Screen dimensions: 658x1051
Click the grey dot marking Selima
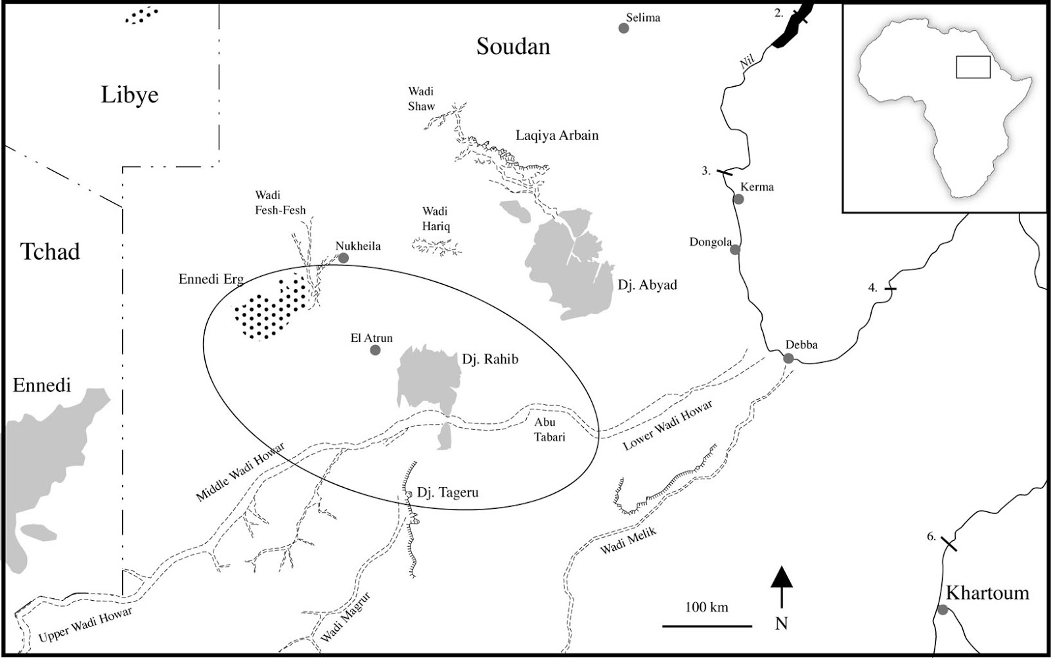click(x=623, y=28)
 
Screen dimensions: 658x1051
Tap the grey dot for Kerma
click(x=738, y=199)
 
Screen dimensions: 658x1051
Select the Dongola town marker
click(x=735, y=249)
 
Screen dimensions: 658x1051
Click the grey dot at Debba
click(x=788, y=358)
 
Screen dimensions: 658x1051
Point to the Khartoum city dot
click(x=943, y=609)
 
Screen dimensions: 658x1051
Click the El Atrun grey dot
click(x=375, y=350)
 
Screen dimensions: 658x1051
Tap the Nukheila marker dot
click(x=343, y=258)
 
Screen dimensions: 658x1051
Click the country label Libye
click(x=129, y=95)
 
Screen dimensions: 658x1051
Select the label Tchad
click(x=50, y=252)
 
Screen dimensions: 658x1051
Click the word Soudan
click(x=513, y=47)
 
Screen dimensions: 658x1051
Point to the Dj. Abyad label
click(x=647, y=285)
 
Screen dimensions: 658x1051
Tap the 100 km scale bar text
click(x=706, y=607)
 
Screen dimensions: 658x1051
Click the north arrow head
click(x=781, y=576)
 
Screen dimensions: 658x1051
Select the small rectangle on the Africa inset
click(x=972, y=67)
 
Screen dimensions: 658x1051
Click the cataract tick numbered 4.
click(x=891, y=289)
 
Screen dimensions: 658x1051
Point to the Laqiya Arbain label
click(x=557, y=135)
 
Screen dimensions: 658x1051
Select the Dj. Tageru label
click(x=447, y=492)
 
